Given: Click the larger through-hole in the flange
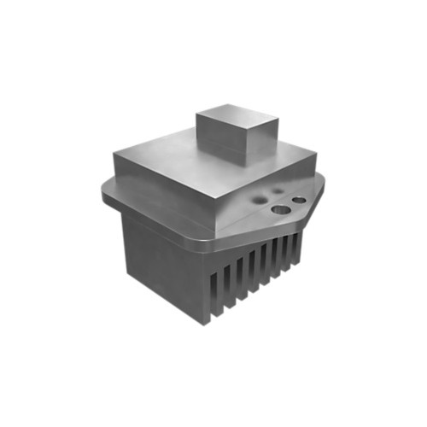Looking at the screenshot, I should [x=280, y=208].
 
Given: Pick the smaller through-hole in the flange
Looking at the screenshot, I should [x=299, y=200].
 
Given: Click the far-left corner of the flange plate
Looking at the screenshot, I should [x=105, y=195].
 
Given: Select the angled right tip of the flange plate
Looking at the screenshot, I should [x=325, y=184].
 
